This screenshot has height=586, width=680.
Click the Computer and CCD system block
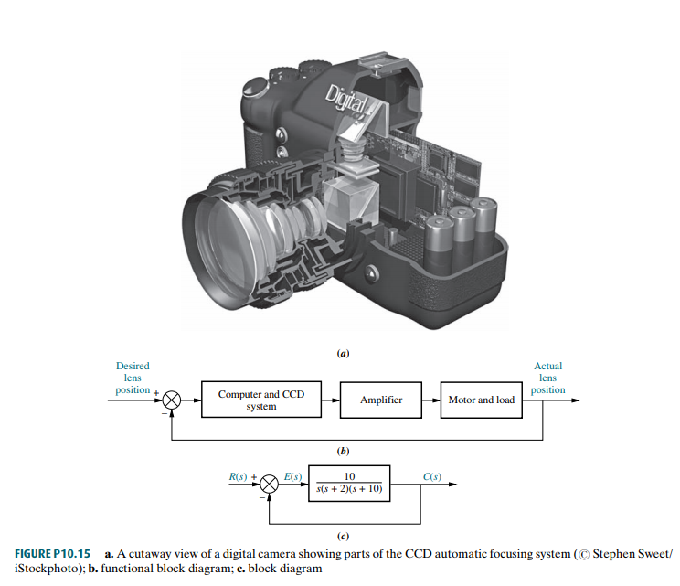[x=260, y=400]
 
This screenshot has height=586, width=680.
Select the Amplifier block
[x=381, y=400]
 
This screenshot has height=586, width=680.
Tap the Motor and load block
[x=481, y=400]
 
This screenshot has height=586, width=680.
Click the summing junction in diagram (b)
[x=172, y=400]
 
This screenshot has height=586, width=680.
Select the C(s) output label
[x=432, y=477]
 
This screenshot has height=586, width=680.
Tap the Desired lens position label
[x=133, y=378]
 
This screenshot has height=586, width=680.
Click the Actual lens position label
[x=547, y=378]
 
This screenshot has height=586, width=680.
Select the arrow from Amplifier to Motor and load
[x=430, y=400]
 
